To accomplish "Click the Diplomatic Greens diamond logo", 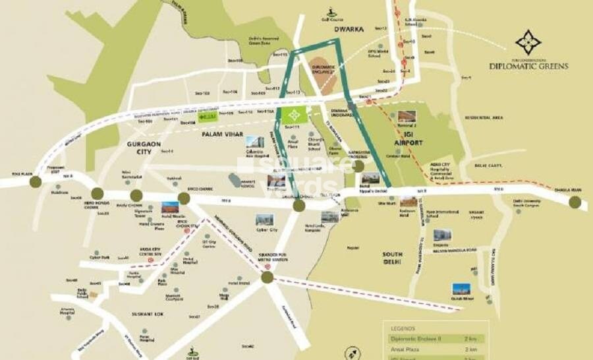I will (x=528, y=42).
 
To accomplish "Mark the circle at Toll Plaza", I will (x=36, y=182).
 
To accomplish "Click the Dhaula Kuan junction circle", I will (x=575, y=202).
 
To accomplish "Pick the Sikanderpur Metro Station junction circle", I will (x=267, y=278).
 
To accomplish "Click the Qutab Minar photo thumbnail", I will (x=461, y=289).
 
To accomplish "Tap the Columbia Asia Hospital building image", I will (x=254, y=141).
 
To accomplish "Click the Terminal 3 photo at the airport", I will (x=407, y=117).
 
